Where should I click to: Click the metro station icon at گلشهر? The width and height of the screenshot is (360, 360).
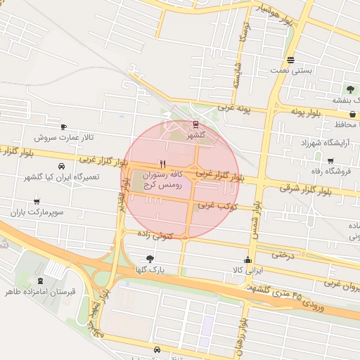point(195,124)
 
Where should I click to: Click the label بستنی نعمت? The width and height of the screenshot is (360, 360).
point(291,70)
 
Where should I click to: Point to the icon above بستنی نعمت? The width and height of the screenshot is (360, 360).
point(291,60)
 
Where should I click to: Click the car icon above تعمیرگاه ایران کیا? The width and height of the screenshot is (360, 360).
point(63,167)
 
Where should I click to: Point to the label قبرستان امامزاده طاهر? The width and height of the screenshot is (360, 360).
point(41,290)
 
